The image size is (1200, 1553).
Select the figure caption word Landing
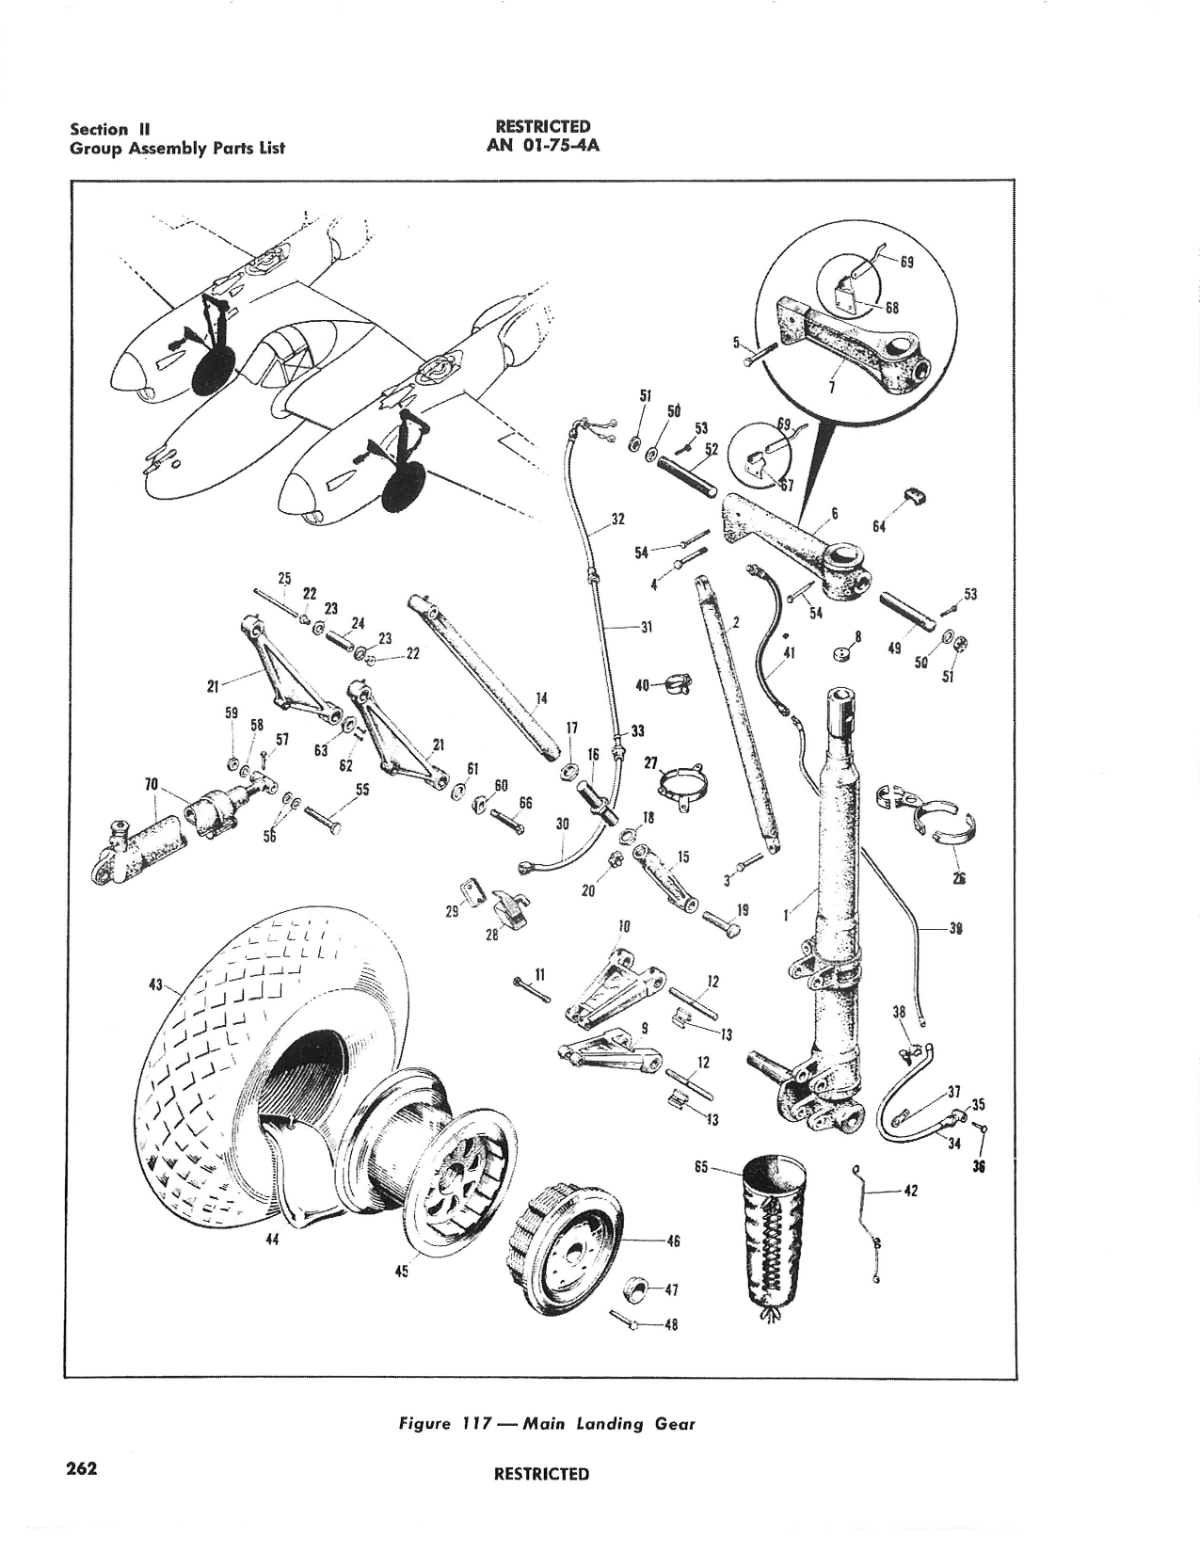tap(611, 1423)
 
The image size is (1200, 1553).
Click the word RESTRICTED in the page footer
tap(541, 1474)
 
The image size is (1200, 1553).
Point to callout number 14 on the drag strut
tap(540, 698)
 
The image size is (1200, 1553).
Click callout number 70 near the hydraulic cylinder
tap(152, 783)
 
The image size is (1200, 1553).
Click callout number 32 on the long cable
tap(618, 519)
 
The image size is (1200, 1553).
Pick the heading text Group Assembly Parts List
tap(177, 147)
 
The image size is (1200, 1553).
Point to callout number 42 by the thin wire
tap(909, 1191)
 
